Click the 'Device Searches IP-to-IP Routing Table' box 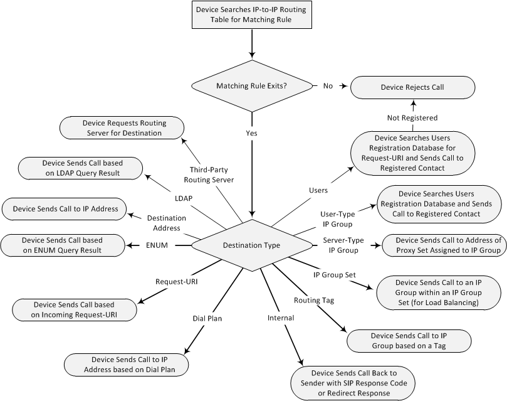pos(252,15)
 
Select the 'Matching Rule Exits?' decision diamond pos(251,86)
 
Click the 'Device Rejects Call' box pos(412,87)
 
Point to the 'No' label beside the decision pos(328,86)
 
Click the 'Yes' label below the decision pos(252,133)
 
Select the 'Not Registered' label pos(412,117)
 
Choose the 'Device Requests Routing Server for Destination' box pos(122,128)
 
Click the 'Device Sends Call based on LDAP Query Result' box pos(80,168)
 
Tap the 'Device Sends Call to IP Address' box pos(65,208)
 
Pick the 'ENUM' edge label pos(157,245)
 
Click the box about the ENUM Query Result pos(62,245)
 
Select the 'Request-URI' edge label pos(177,282)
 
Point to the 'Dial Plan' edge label pos(207,318)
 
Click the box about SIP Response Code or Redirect pos(353,382)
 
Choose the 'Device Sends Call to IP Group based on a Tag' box pos(408,340)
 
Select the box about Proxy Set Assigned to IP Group pos(442,245)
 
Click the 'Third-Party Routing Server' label pos(209,174)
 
